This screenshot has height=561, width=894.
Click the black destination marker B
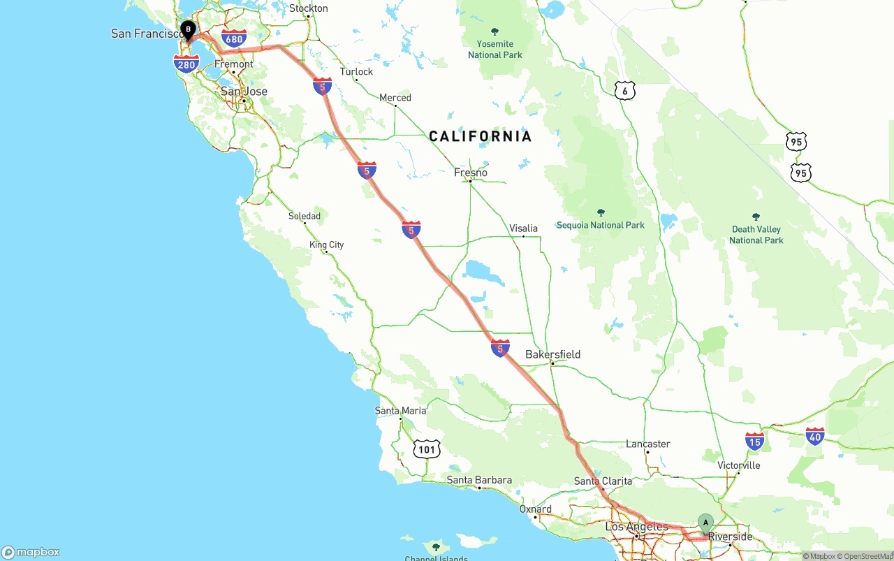coord(188,29)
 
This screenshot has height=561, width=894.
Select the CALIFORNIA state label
coord(480,136)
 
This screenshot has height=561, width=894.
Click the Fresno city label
coord(471,173)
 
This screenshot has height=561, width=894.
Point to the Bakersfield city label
coord(552,354)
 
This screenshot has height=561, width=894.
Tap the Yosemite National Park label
coord(495,49)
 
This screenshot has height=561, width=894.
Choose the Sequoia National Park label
coord(600,225)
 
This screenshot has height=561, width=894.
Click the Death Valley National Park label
coord(756,234)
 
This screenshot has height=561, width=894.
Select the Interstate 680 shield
coord(234,38)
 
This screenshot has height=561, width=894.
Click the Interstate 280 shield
coord(186,64)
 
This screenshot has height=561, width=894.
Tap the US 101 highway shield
coord(426,449)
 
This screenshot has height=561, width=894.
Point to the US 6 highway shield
coord(625,90)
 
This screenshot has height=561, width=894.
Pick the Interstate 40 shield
coord(814,437)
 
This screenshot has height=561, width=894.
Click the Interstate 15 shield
coord(754,441)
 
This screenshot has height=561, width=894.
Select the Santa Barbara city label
coord(479,480)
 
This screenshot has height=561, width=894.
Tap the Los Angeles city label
coord(636,527)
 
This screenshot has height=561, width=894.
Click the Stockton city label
coord(308,8)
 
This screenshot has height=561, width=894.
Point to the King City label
coord(326,245)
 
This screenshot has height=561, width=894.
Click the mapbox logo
coord(31,552)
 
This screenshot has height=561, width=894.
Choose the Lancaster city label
coord(647,444)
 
